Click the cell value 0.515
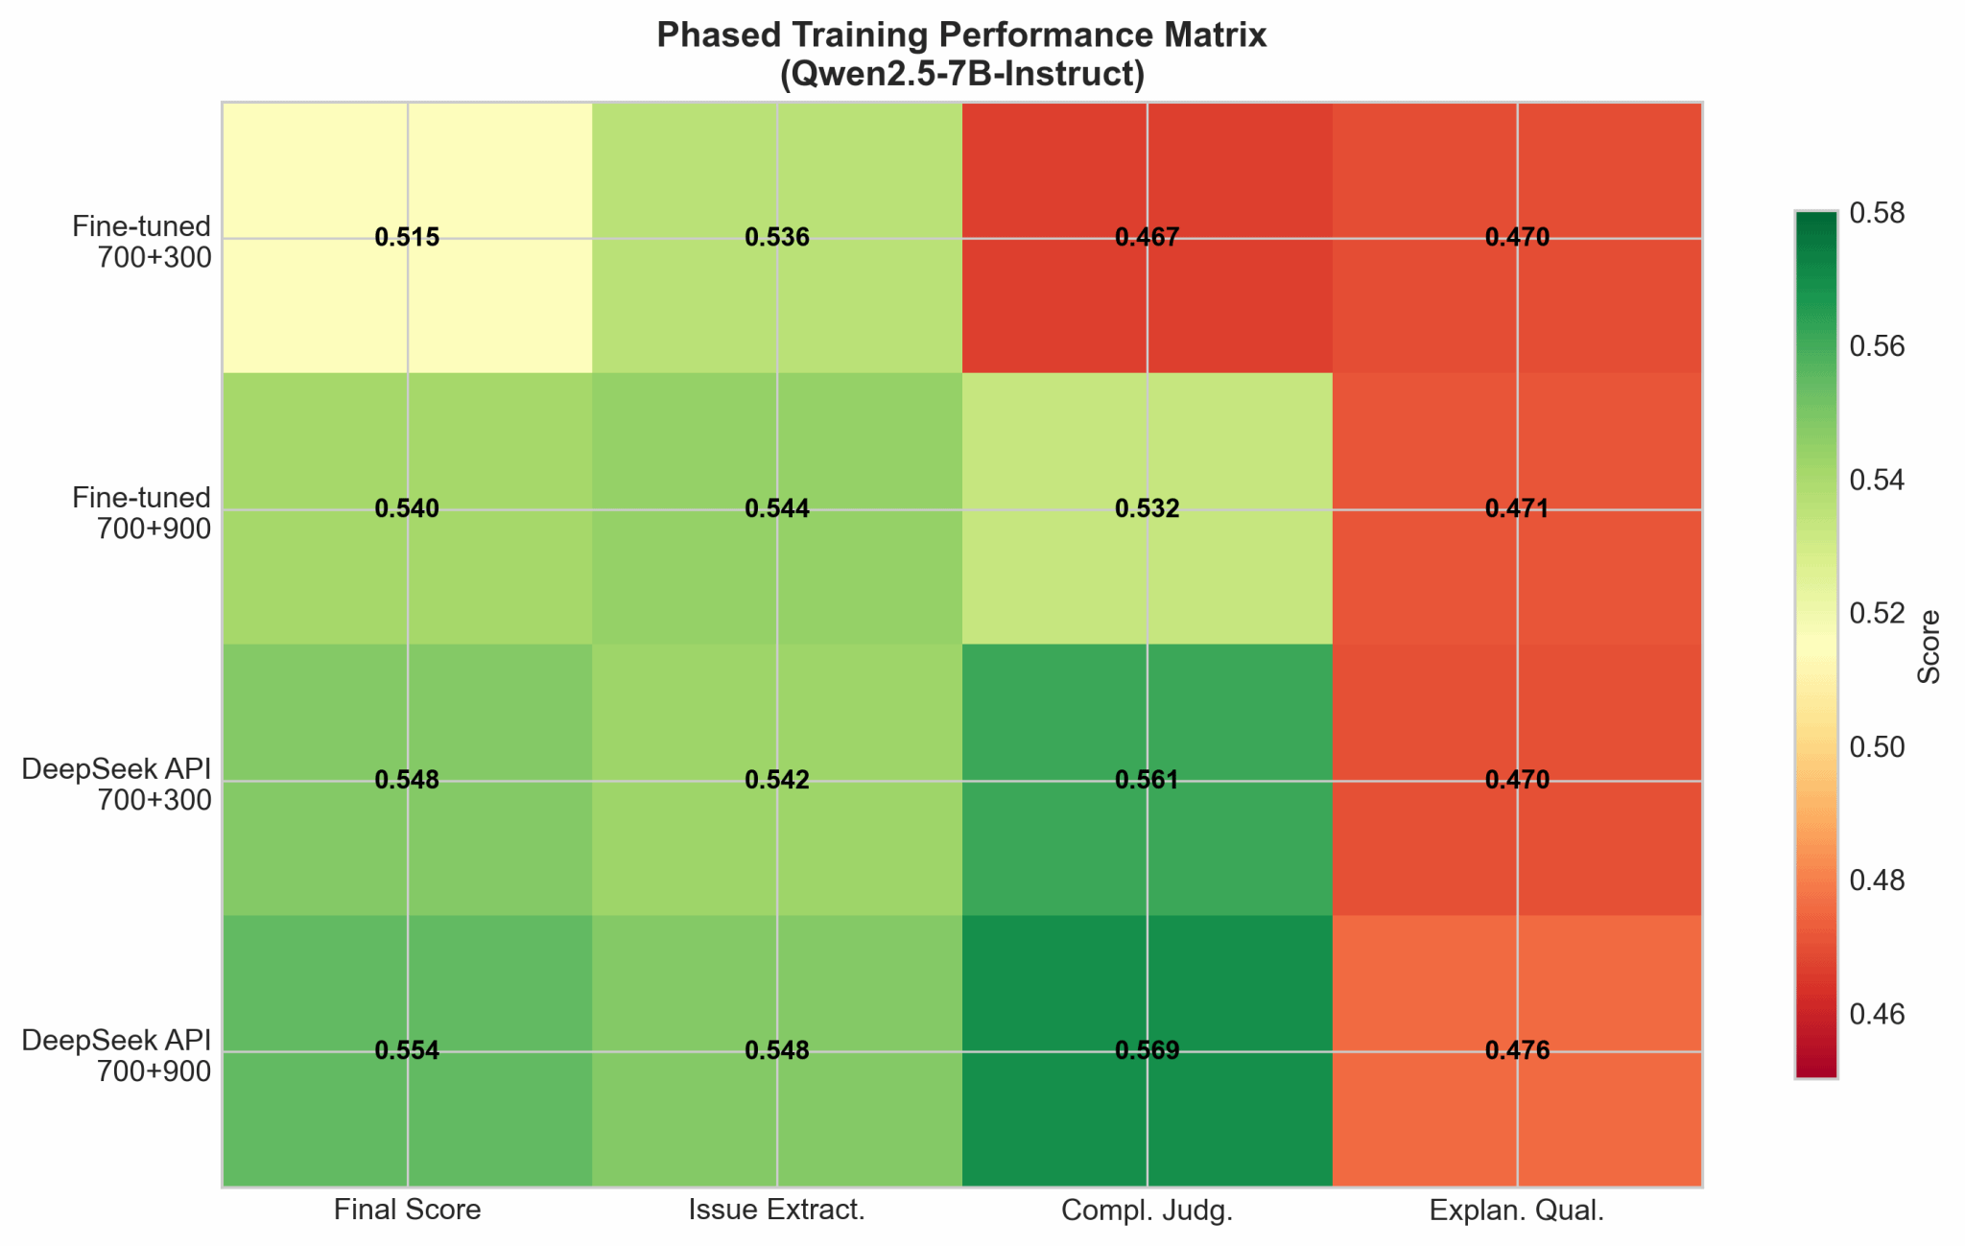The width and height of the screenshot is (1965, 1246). [407, 238]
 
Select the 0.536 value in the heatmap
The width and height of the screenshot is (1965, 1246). [777, 238]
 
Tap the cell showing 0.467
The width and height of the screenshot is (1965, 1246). [1147, 238]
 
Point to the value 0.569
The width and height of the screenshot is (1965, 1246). [1147, 1051]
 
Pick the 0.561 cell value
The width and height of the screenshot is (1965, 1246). [1147, 780]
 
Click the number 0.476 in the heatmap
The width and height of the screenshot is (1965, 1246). [1517, 1051]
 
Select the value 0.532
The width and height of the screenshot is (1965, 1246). [1147, 509]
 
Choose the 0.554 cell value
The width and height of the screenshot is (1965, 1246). [407, 1051]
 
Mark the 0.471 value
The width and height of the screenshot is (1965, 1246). [1517, 509]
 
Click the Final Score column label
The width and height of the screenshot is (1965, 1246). [407, 1211]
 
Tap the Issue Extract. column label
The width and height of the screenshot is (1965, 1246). [777, 1211]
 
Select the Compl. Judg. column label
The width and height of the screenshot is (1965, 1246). [1147, 1211]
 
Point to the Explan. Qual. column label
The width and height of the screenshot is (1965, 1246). [1517, 1211]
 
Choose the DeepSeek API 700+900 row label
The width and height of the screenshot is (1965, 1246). [116, 1055]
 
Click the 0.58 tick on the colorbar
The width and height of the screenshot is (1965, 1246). [1877, 213]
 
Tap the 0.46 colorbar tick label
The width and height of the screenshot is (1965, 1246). [1877, 1014]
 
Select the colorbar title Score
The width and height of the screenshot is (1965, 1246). [1929, 647]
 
